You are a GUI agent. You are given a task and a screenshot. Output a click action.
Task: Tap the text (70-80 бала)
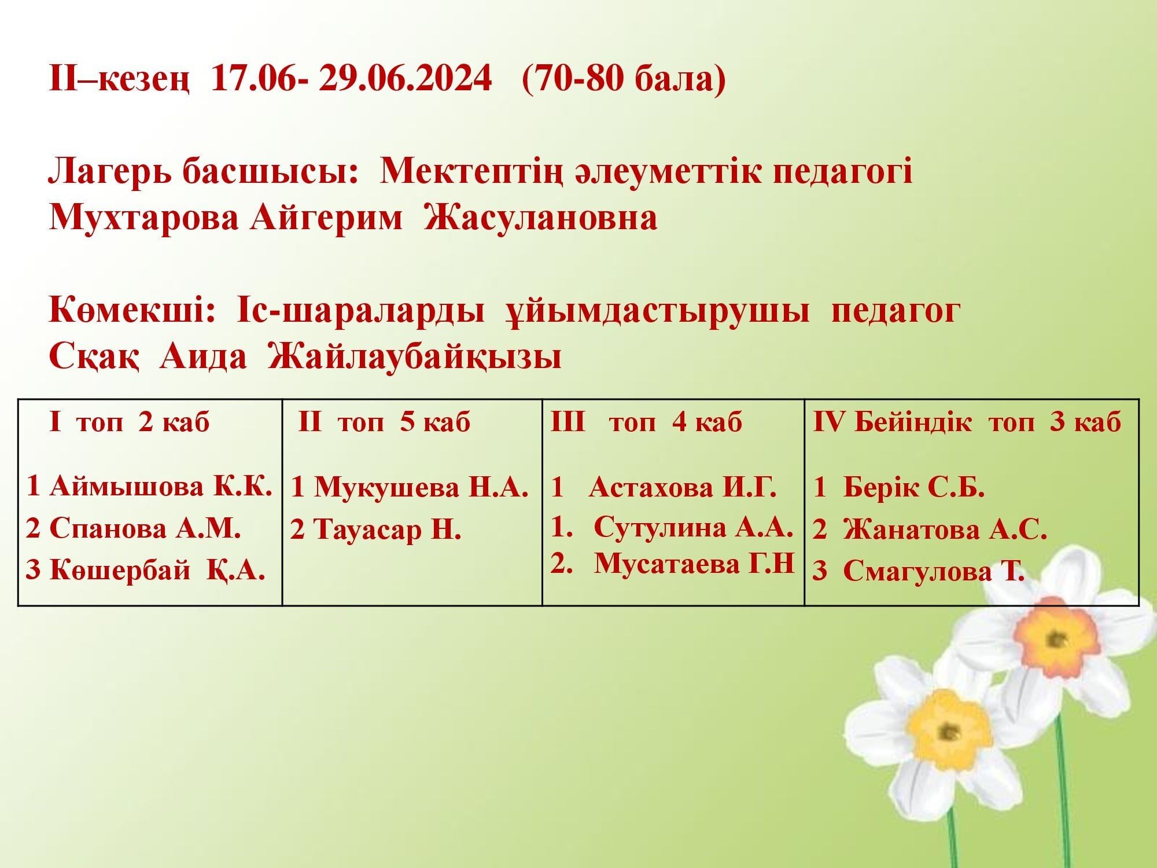[624, 80]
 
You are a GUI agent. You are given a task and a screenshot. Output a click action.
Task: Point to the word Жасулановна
[541, 219]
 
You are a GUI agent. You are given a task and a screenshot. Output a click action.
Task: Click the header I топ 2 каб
[130, 422]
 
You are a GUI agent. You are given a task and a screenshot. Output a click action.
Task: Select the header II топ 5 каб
[385, 422]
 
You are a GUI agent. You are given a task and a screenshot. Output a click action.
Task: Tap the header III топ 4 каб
[646, 422]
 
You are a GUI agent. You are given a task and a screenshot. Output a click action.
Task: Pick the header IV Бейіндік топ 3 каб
[967, 422]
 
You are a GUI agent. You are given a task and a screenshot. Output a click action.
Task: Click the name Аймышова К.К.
[161, 487]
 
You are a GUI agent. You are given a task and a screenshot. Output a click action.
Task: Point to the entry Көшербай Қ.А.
[157, 571]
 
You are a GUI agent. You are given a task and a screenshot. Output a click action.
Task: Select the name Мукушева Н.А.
[421, 488]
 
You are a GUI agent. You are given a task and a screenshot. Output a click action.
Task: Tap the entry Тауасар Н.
[387, 530]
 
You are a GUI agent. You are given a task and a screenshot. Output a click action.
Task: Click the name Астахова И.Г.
[683, 488]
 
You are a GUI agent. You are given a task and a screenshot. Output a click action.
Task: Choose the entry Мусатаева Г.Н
[694, 563]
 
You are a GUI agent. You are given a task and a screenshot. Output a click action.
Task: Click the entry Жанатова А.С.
[945, 530]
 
